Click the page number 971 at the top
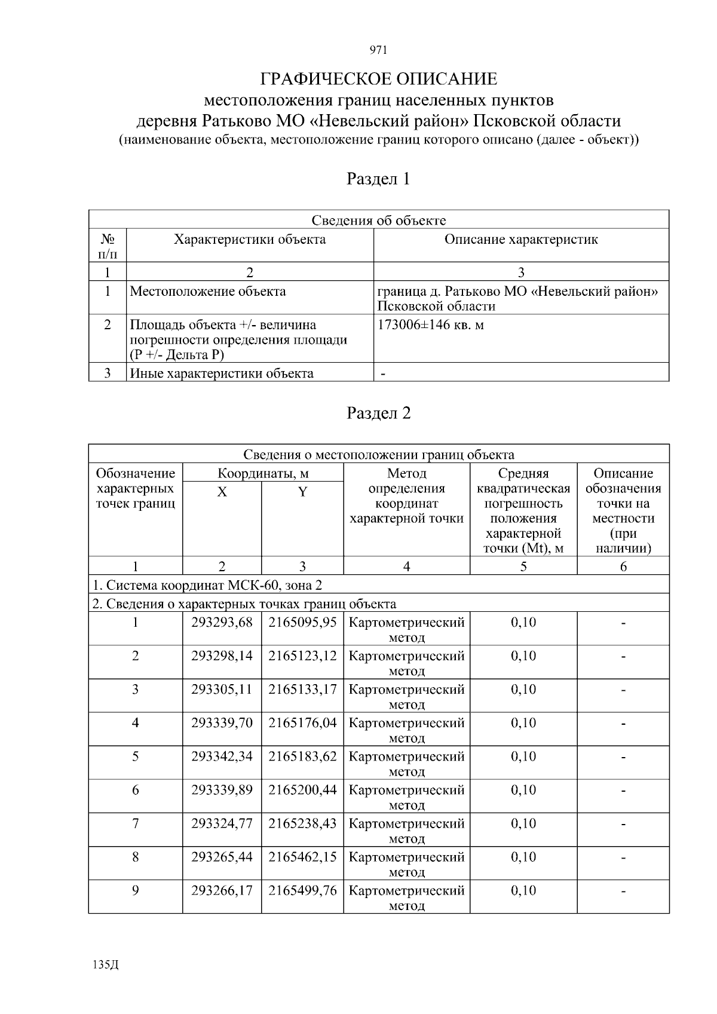pos(379,50)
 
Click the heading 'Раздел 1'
pos(378,179)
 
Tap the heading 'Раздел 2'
pos(378,413)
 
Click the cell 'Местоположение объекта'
pos(208,292)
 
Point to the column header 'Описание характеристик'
pos(521,240)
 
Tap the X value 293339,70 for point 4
pos(222,723)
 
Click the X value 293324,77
pos(222,823)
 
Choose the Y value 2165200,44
pos(302,790)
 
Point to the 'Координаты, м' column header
pos(263,474)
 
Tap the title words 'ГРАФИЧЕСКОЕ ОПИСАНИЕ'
pos(378,79)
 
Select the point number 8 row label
pos(136,857)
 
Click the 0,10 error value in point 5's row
pos(523,756)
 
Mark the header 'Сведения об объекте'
pos(378,220)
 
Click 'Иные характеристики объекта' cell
pos(222,373)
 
